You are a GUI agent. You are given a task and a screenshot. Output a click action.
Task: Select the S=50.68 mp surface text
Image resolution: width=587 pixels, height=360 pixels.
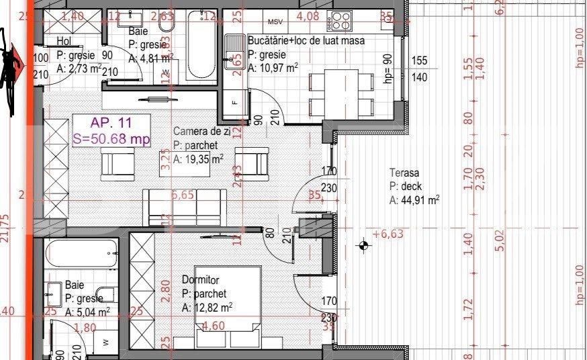point(111,139)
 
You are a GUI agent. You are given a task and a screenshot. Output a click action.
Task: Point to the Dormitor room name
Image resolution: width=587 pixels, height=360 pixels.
point(201,279)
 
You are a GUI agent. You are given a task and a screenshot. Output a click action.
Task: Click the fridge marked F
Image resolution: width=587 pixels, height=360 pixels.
point(234,102)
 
